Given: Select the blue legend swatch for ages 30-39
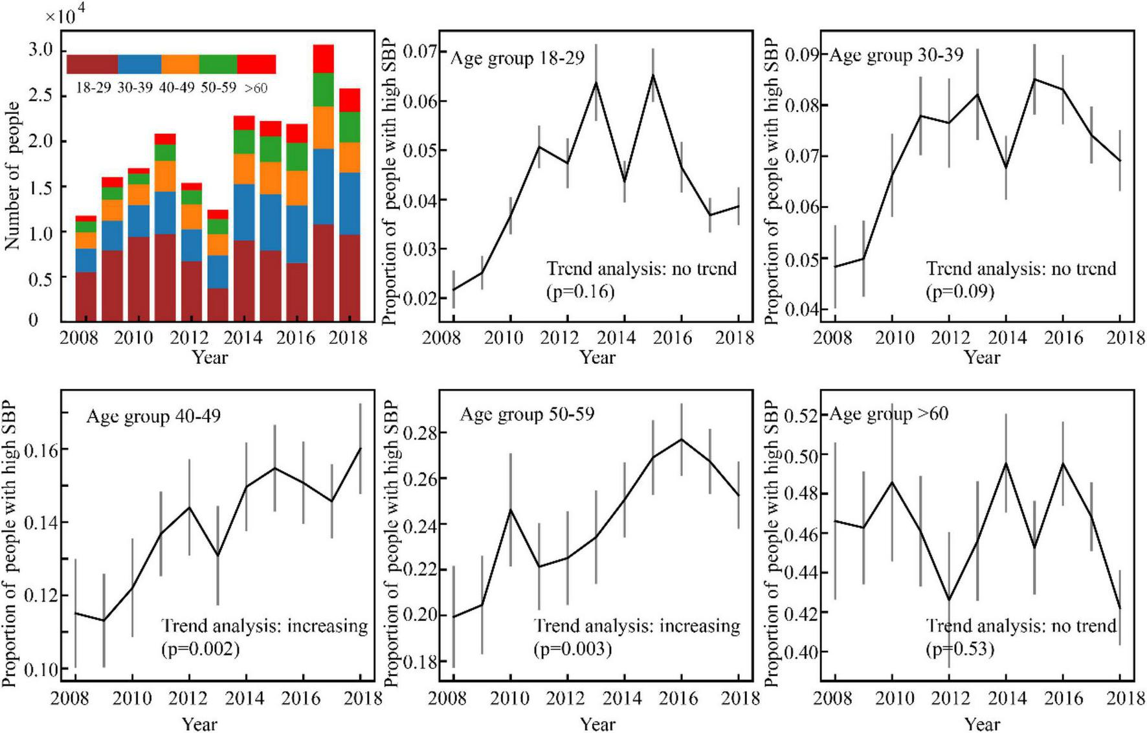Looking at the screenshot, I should pos(139,64).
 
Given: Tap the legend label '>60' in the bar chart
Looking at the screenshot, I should pos(256,87).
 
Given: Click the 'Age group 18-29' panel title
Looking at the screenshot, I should pos(517,58).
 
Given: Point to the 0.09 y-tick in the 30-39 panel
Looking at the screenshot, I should pos(801,54).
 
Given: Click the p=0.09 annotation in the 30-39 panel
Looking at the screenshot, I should pos(960,291).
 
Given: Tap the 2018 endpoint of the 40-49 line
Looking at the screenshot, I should pos(360,448).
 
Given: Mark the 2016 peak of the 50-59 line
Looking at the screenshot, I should pos(682,439).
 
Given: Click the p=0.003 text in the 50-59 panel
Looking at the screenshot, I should pos(572,648).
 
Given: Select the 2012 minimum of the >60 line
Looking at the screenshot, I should pos(949,600).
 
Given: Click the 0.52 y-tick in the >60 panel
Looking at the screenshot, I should pos(801,414).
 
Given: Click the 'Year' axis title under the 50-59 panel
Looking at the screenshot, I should pos(597,723).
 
